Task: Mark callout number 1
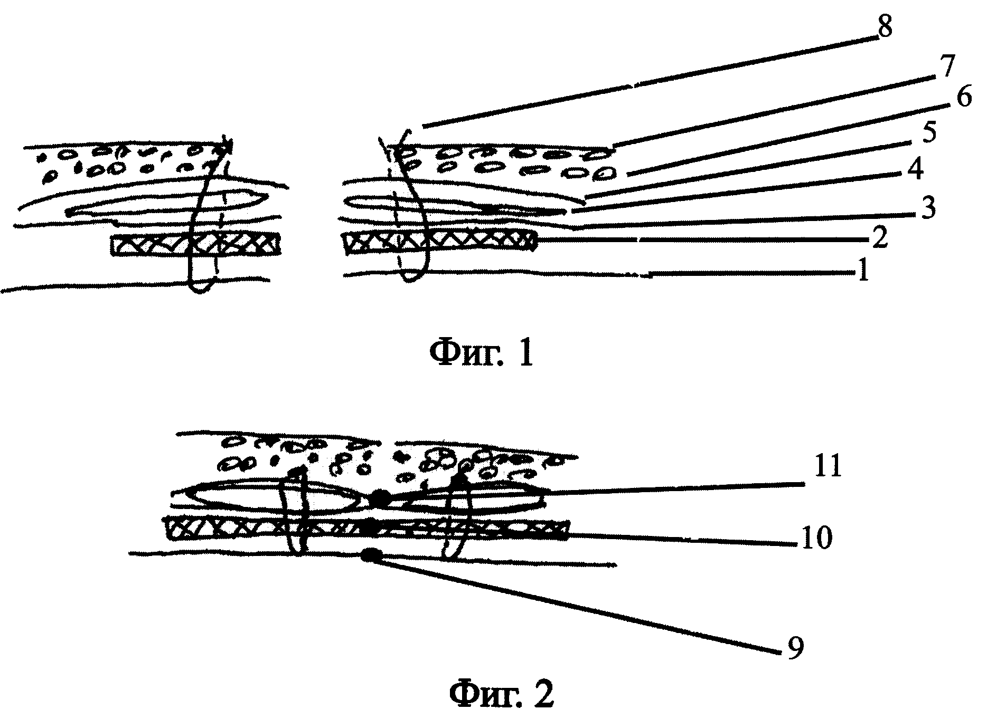[x=862, y=272]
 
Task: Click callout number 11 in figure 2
[x=828, y=467]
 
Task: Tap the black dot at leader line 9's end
[x=371, y=555]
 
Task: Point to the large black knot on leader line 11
[x=380, y=498]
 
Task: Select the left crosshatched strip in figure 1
[x=196, y=245]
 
